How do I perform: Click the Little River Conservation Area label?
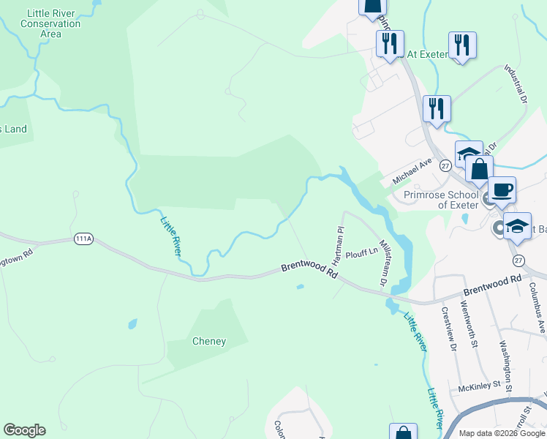tap(50, 23)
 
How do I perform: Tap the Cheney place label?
tap(208, 341)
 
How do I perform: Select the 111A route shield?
tap(83, 239)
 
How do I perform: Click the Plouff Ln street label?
tap(362, 253)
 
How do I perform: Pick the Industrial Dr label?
tap(516, 84)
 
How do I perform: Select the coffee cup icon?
tap(502, 191)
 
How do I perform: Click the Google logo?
tap(24, 430)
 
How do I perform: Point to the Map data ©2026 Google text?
tap(502, 433)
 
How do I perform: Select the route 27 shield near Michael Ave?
tap(445, 165)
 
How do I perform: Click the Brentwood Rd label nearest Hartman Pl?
tap(309, 271)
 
